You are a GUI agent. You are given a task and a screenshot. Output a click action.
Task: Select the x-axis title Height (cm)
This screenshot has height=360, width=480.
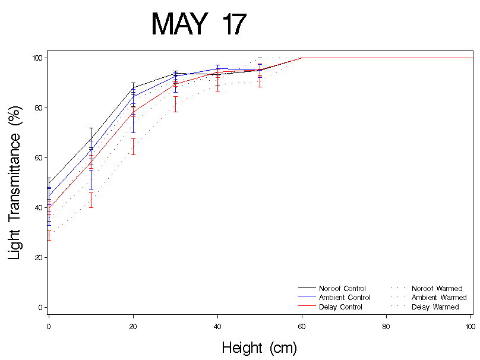click(x=259, y=348)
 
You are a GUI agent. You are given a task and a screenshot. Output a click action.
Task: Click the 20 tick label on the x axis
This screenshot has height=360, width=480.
click(x=133, y=326)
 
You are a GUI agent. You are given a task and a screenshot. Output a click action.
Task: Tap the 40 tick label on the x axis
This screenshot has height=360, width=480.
click(x=217, y=326)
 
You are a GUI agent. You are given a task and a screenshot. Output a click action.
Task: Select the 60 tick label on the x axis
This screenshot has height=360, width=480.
click(x=302, y=326)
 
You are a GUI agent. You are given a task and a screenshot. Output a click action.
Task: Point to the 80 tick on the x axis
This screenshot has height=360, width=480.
click(x=386, y=326)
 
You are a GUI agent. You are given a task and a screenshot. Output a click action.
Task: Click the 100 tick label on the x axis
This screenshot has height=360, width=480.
click(x=470, y=326)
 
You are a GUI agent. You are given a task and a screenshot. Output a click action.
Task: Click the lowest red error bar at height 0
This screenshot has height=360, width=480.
click(x=49, y=235)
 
